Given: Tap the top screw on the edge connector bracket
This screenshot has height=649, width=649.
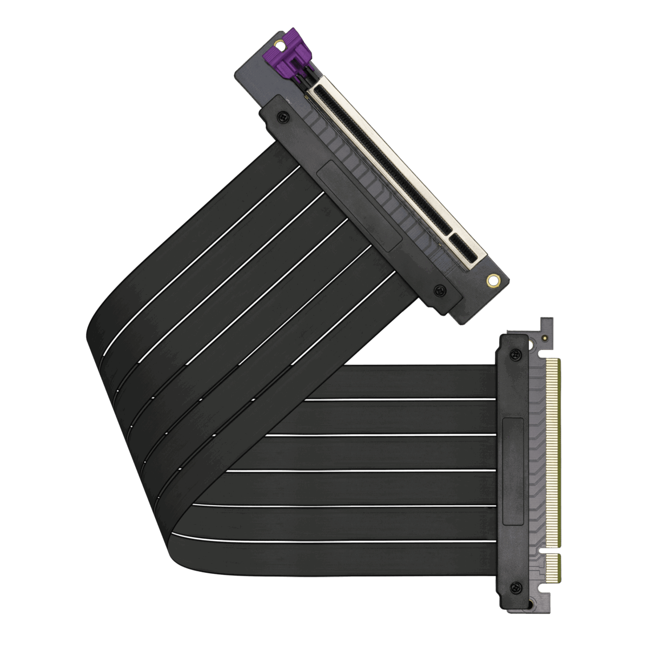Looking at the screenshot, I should click(516, 355).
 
